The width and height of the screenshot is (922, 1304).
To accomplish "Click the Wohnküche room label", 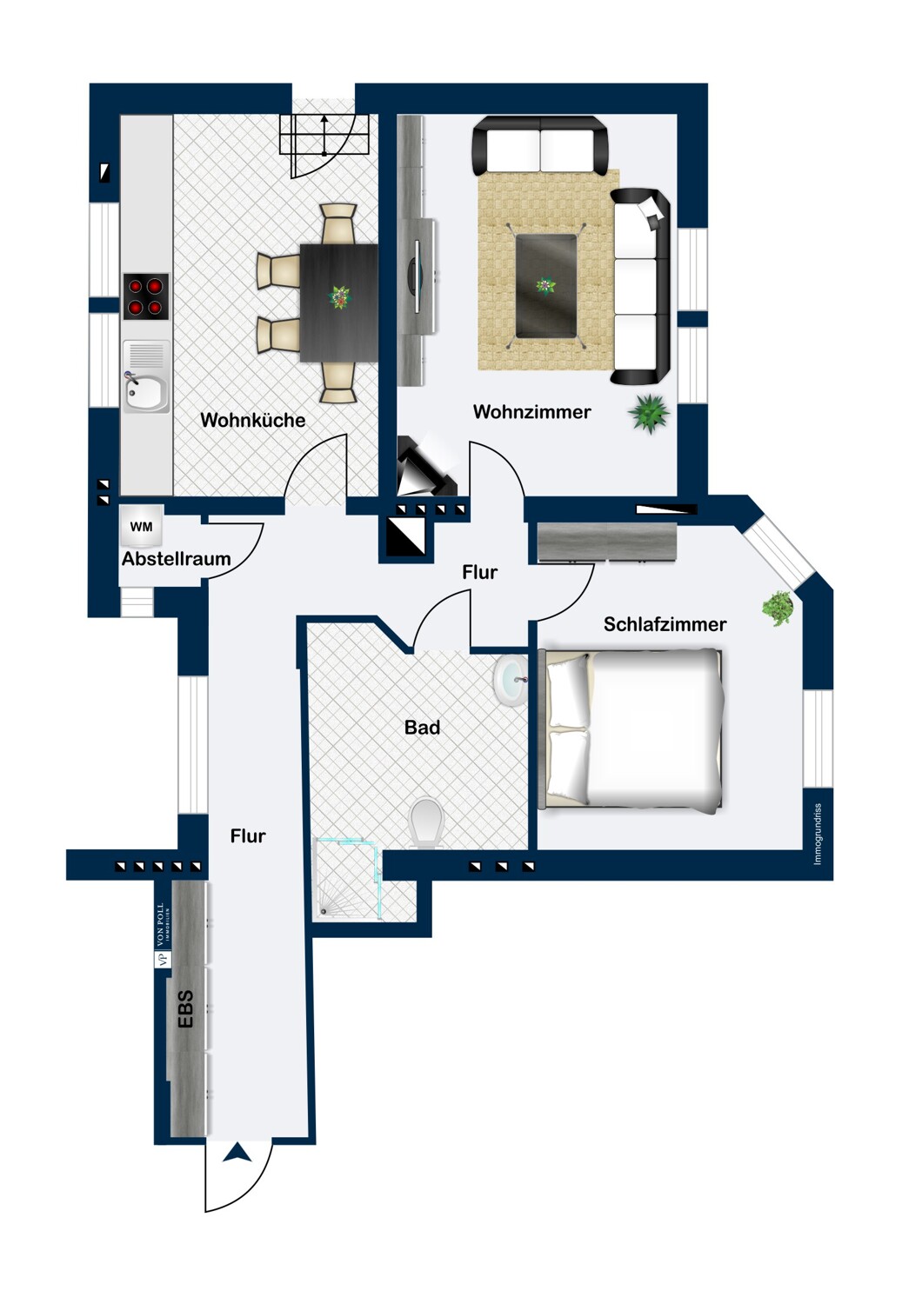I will tap(252, 420).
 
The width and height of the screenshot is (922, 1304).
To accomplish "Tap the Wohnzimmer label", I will tap(531, 412).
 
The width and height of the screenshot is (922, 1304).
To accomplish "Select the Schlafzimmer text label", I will tap(665, 624).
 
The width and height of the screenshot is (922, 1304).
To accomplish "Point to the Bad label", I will tap(422, 728).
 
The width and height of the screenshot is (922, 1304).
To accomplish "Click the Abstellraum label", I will tap(176, 559).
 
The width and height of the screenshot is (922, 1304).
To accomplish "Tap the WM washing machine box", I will tap(141, 527).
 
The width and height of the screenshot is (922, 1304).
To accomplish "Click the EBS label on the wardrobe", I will tap(185, 1010).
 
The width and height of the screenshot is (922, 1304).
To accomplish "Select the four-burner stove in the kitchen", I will tap(145, 296).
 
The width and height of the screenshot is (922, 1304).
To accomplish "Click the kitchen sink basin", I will tap(145, 394).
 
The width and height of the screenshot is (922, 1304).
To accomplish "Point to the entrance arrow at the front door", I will tap(237, 1153).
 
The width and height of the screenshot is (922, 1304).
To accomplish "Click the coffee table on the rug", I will tap(546, 285).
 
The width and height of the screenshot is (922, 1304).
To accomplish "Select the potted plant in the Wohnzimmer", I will tap(649, 413).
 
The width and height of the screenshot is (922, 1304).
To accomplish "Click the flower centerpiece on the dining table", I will tap(339, 297).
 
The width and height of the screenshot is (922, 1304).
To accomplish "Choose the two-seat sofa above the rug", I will tap(539, 146).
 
